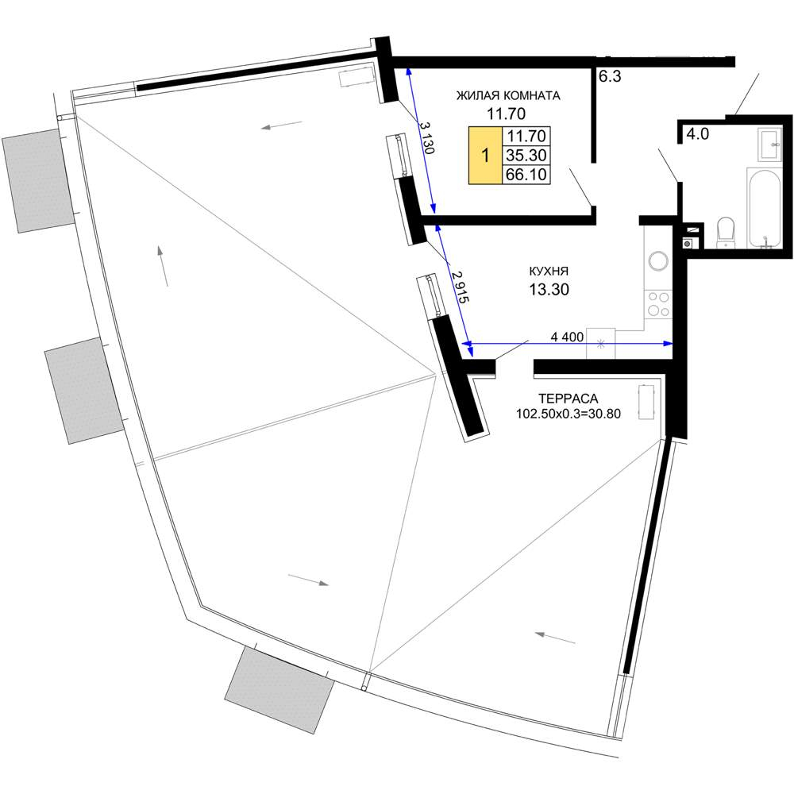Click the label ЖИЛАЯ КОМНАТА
pos(508,96)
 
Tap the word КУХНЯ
pos(549,272)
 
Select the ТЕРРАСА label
pos(569,399)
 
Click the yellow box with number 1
pos(485,155)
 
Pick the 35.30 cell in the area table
pos(526,155)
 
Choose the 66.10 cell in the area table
pos(526,174)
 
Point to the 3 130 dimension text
pos(426,137)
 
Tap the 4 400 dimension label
pos(567,337)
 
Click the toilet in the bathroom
pos(726,233)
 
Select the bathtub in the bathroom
pos(765,209)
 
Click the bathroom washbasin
pos(769,145)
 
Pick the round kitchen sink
pos(658,261)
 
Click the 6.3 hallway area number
pos(610,76)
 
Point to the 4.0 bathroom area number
pos(697,134)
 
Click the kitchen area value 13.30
pos(549,289)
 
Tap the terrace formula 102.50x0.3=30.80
pos(569,414)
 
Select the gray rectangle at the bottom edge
pos(279,690)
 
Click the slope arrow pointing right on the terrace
pos(308,580)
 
